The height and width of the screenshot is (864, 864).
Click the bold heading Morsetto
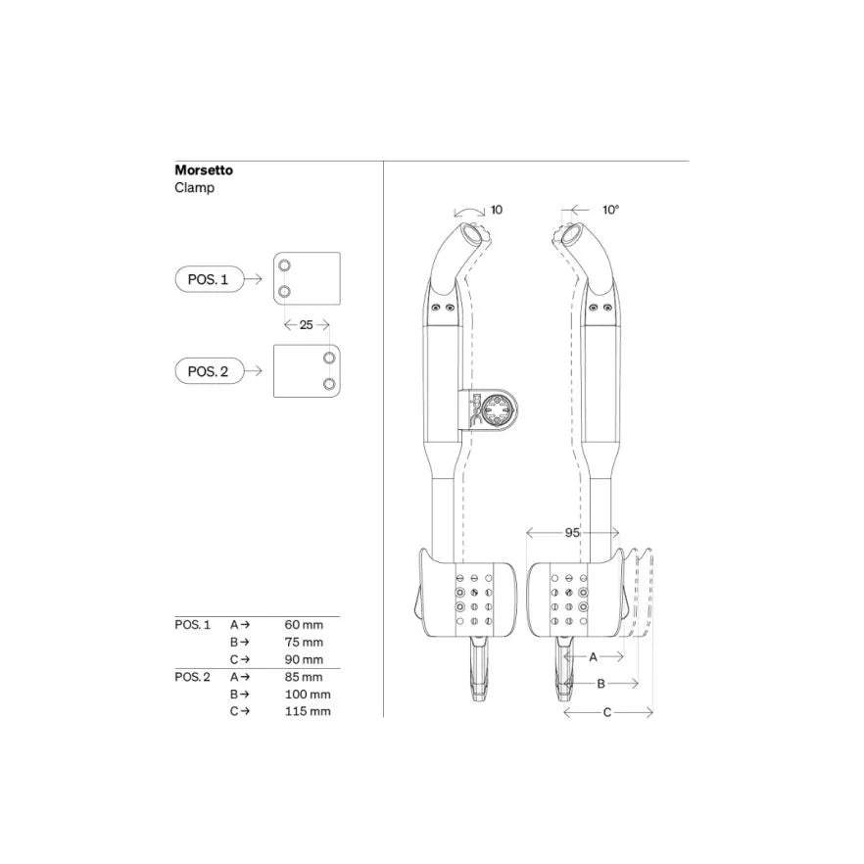coord(204,170)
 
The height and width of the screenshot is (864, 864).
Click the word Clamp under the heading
coord(195,188)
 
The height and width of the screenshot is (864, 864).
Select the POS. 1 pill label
coord(208,279)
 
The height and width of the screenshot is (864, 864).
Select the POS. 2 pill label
coord(208,371)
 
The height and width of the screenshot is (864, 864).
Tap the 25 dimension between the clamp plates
coord(307,325)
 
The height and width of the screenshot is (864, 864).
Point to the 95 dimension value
coord(572,533)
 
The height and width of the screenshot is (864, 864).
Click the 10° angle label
coord(610,210)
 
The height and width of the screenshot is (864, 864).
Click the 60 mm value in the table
coord(304,625)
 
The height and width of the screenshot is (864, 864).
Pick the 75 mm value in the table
coord(304,643)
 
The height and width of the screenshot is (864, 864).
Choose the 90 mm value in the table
coord(304,659)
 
